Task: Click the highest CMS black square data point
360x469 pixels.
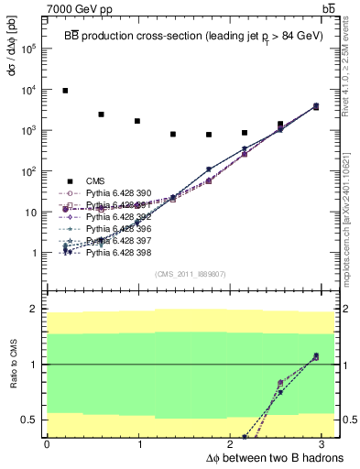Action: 65,91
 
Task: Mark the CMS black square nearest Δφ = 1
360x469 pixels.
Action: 137,121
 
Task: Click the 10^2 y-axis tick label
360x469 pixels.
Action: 29,171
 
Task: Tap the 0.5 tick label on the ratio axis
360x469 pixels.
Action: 29,420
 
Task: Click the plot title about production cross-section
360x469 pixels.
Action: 192,33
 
